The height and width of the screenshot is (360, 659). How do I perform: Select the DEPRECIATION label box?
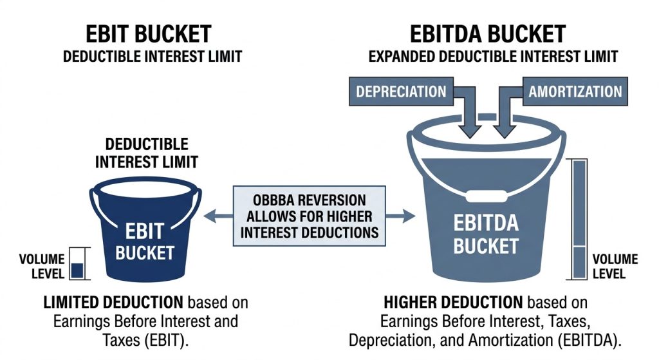401,91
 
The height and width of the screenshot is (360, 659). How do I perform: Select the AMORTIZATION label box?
575,91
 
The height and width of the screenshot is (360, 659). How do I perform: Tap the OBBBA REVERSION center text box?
309,216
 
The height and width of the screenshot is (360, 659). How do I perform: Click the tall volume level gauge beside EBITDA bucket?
579,219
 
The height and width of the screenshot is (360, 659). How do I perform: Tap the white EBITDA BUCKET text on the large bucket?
486,235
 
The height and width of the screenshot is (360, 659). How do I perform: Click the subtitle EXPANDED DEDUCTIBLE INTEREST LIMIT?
493,57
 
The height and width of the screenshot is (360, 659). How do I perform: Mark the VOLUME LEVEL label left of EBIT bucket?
42,266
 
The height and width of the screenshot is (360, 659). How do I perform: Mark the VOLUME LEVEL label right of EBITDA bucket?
615,266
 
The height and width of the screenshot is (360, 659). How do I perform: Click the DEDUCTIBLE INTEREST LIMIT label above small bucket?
147,153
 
